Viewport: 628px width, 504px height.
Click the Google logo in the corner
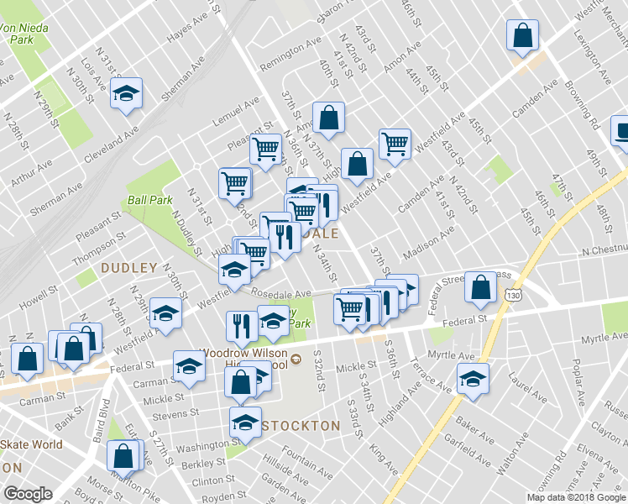(x=28, y=495)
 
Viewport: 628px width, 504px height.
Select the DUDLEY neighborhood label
(x=129, y=268)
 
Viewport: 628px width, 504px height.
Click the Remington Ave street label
(x=290, y=54)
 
